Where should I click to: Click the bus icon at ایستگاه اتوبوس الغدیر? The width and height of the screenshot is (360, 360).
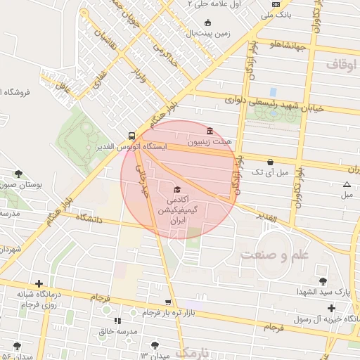click(x=131, y=135)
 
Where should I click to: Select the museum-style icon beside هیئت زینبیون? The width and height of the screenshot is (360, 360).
click(x=210, y=131)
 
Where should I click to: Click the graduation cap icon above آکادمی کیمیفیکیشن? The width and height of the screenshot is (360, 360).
click(x=176, y=190)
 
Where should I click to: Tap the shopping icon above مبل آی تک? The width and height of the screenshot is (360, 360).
click(x=270, y=162)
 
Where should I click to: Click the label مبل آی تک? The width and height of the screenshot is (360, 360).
click(x=270, y=172)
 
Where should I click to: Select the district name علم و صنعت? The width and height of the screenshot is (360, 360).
click(x=274, y=253)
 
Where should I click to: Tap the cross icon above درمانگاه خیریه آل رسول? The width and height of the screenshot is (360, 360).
click(x=331, y=308)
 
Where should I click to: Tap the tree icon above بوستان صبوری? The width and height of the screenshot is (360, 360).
click(x=19, y=174)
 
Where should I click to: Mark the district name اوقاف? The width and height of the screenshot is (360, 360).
click(x=342, y=65)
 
